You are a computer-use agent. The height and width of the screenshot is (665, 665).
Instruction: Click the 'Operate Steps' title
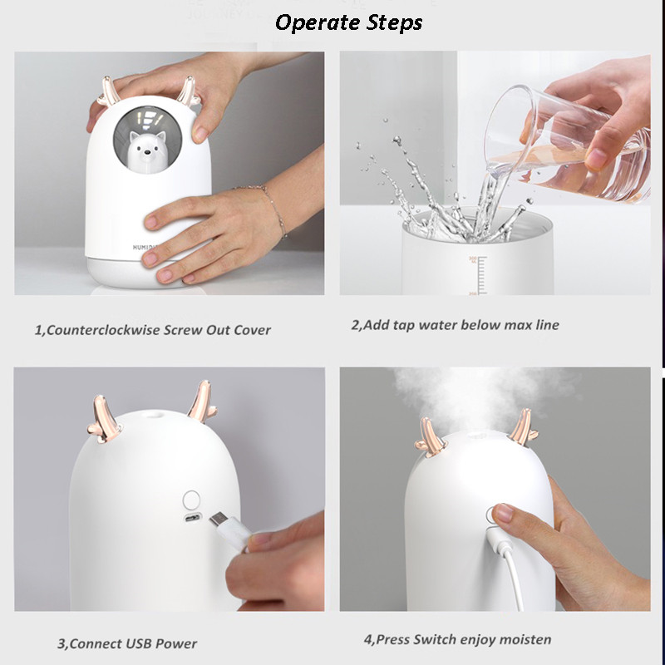tap(348, 22)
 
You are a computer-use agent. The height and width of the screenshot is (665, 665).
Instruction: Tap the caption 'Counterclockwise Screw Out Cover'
tap(152, 329)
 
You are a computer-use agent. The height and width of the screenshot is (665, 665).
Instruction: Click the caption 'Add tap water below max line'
tap(455, 325)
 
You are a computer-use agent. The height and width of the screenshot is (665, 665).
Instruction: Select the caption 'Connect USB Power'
tap(127, 643)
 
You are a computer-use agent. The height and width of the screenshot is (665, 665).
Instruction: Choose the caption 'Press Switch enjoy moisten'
tap(457, 639)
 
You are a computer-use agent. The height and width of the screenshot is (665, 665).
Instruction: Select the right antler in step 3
tap(199, 401)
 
